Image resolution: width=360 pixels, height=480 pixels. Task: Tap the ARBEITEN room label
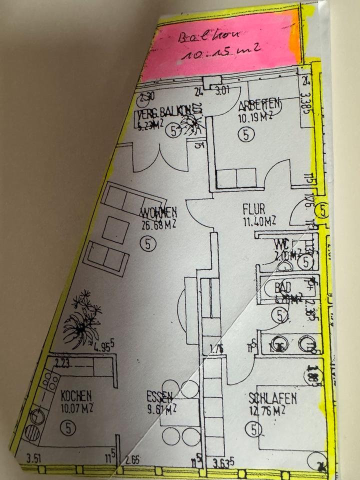[258, 106]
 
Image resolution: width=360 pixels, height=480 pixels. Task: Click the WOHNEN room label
[158, 213]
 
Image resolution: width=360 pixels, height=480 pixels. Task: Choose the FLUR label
[253, 208]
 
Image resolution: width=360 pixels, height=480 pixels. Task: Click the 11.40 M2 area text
[258, 220]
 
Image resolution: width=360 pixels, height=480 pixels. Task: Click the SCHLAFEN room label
[272, 398]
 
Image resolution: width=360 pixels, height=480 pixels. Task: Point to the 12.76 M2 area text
[267, 411]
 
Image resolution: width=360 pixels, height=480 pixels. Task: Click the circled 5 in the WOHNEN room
[149, 243]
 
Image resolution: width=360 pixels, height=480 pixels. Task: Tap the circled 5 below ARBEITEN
[246, 134]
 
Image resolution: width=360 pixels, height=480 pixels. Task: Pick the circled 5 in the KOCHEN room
[67, 427]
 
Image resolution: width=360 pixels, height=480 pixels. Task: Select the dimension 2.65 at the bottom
[133, 459]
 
